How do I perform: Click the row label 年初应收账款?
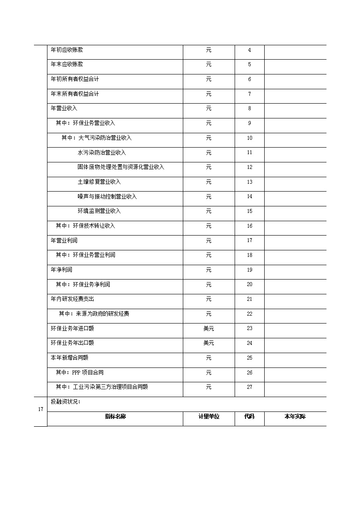67,50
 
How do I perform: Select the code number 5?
249,65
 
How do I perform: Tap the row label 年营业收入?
64,108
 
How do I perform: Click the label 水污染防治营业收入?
102,153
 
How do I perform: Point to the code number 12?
249,167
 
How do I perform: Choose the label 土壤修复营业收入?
99,182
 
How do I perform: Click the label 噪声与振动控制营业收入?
107,197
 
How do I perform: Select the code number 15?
249,211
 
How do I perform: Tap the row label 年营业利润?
64,241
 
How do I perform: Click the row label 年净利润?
61,270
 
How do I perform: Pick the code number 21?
249,299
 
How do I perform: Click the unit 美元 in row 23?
209,329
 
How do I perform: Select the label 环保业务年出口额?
72,343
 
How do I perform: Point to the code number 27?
249,387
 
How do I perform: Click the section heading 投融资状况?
65,402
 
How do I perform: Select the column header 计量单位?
209,417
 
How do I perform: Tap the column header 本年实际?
295,417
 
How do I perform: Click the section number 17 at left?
40,409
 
